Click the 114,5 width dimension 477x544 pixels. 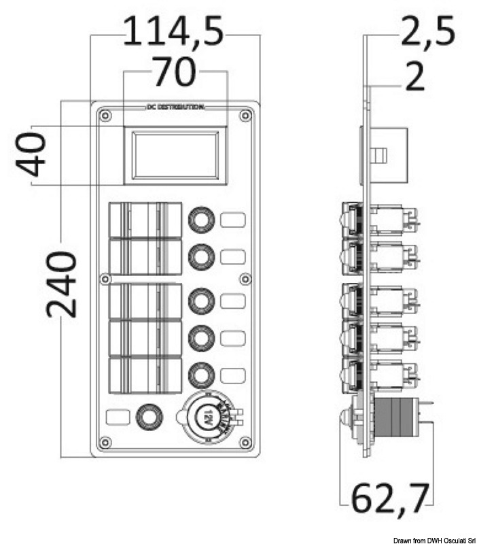pos(174,32)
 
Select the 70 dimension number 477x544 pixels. pos(174,73)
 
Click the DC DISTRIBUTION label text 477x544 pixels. pos(175,108)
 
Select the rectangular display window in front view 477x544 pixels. pos(175,156)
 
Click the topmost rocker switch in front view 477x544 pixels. pos(145,220)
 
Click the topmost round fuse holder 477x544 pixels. pos(202,220)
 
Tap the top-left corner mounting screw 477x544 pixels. pos(104,116)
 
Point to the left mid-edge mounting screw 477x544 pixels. pos(105,279)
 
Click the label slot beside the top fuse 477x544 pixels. pos(233,220)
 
